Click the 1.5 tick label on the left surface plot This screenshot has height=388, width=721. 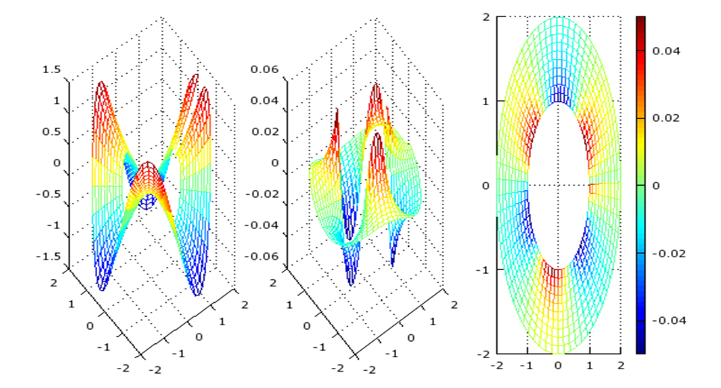point(51,69)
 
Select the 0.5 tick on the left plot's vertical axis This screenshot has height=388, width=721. point(51,132)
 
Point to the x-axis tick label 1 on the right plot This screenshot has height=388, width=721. point(590,365)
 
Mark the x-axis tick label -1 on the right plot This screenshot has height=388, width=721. point(525,365)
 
